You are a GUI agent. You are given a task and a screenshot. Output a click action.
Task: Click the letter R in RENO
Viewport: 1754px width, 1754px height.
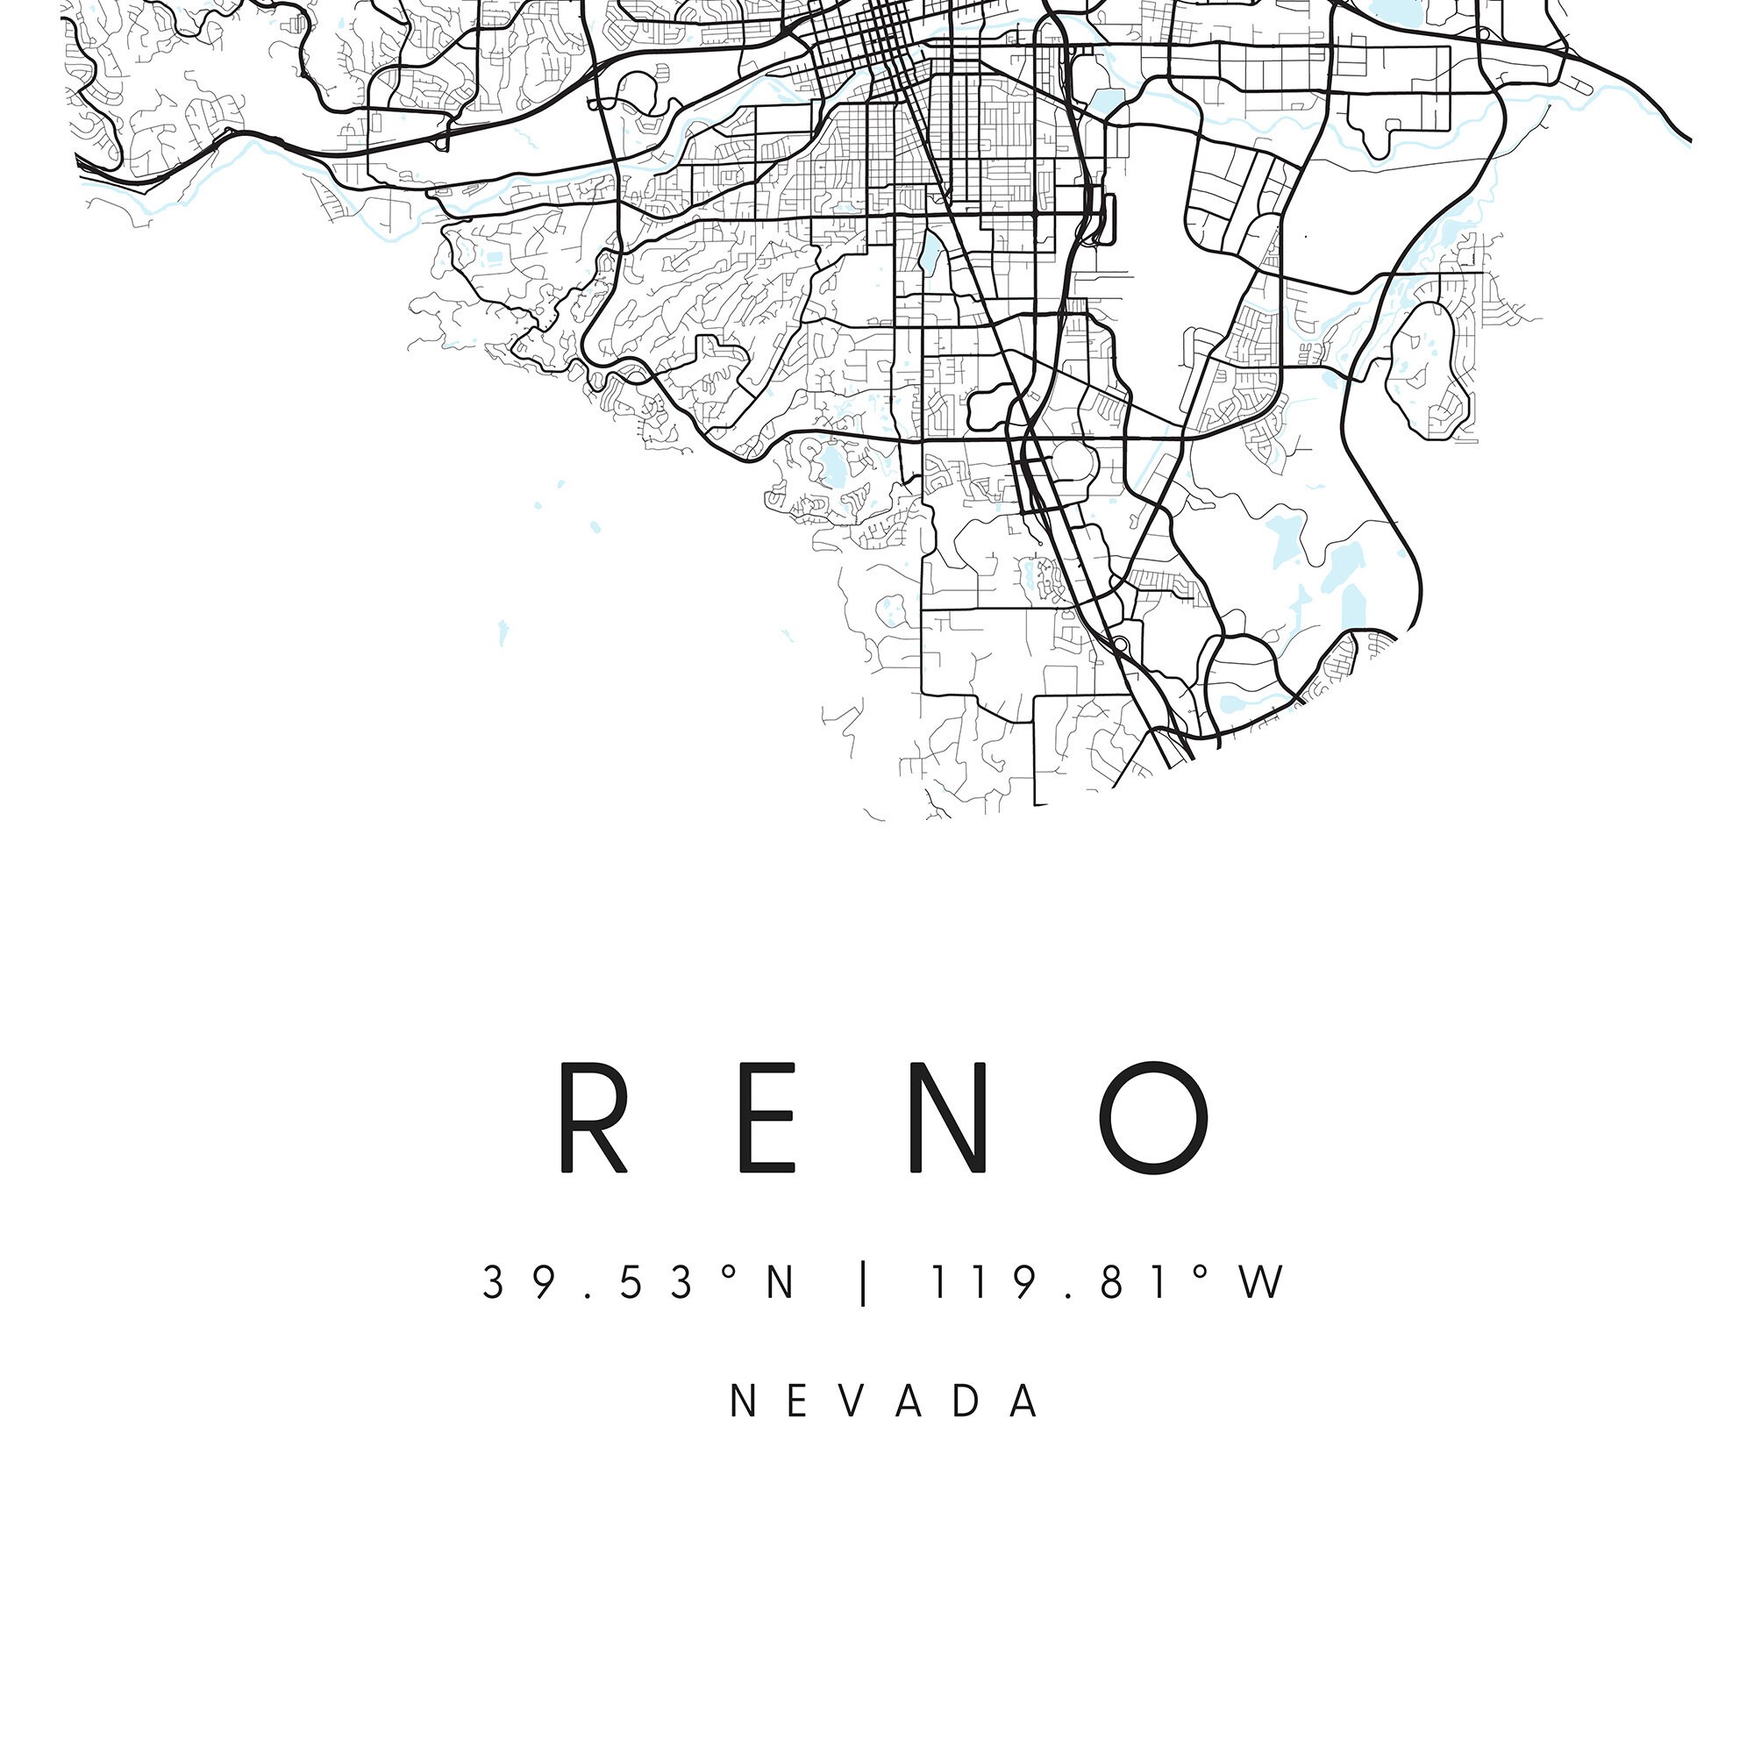tap(593, 1117)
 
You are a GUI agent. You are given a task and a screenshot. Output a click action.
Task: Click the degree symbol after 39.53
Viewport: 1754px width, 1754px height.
tap(728, 1273)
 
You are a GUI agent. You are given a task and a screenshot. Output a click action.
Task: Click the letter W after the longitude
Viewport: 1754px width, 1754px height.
tap(1263, 1283)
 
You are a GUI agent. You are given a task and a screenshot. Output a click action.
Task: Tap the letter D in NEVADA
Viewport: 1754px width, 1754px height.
tap(968, 1401)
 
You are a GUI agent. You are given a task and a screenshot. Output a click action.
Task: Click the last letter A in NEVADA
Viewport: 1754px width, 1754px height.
tap(1026, 1401)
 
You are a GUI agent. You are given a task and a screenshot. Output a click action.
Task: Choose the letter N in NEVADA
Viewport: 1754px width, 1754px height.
tap(743, 1401)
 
